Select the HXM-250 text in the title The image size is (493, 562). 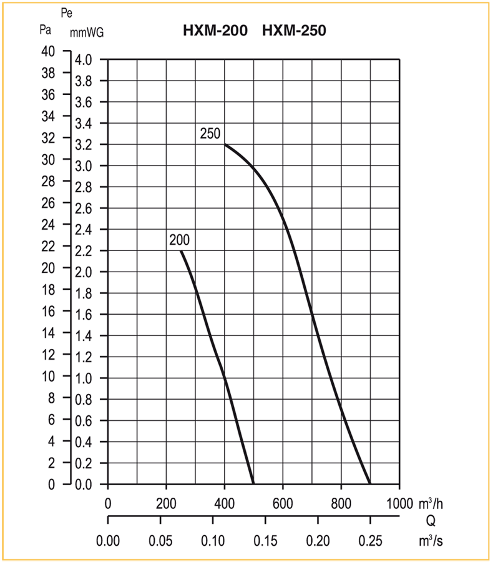tap(294, 29)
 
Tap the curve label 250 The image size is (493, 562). tap(210, 132)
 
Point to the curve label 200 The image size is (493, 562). tap(179, 240)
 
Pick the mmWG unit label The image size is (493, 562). tap(87, 33)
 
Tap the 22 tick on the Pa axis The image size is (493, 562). tap(48, 246)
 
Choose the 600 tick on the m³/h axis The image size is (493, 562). tap(283, 503)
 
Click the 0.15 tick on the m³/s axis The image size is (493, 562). tap(265, 539)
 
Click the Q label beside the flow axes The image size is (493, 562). tap(431, 521)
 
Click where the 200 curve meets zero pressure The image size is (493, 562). tap(253, 484)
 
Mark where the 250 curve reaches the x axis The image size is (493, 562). tap(370, 484)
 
